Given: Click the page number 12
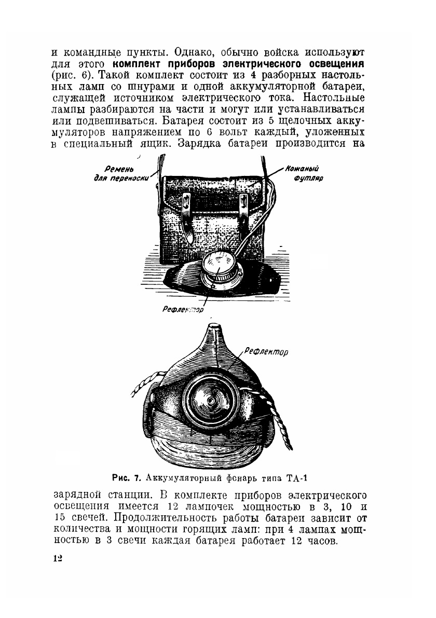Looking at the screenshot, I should [57, 558].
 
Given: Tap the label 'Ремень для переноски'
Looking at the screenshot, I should [120, 173].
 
